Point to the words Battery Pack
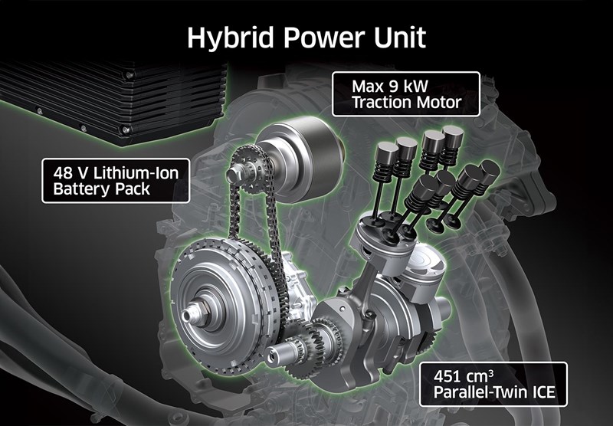97,191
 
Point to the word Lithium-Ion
133,173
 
